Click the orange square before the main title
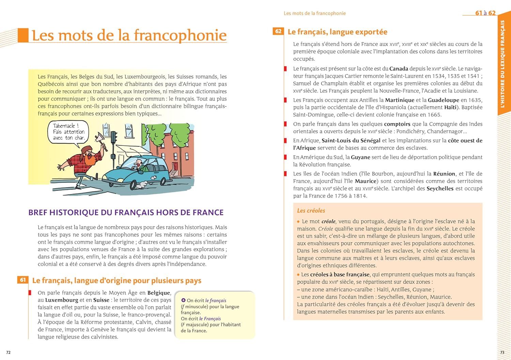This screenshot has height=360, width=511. click(x=23, y=35)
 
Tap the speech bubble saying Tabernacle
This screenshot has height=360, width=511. click(x=68, y=132)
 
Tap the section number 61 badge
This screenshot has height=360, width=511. click(x=23, y=280)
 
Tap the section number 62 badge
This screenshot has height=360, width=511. click(x=278, y=31)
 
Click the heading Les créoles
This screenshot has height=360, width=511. click(x=311, y=211)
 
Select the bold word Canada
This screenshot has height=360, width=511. click(x=399, y=69)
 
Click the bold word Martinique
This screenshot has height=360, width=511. click(x=400, y=100)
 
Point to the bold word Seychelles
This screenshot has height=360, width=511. click(x=440, y=189)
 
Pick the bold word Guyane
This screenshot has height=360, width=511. click(x=360, y=157)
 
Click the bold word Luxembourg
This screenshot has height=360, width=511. click(x=62, y=300)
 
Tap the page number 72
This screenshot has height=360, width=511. click(x=9, y=352)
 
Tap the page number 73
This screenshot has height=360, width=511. click(x=502, y=352)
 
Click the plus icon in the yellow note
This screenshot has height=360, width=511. click(x=183, y=300)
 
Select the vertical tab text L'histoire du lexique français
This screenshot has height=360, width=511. click(x=502, y=64)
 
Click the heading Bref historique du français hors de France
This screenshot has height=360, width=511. click(x=126, y=212)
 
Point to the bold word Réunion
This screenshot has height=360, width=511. click(x=444, y=174)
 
